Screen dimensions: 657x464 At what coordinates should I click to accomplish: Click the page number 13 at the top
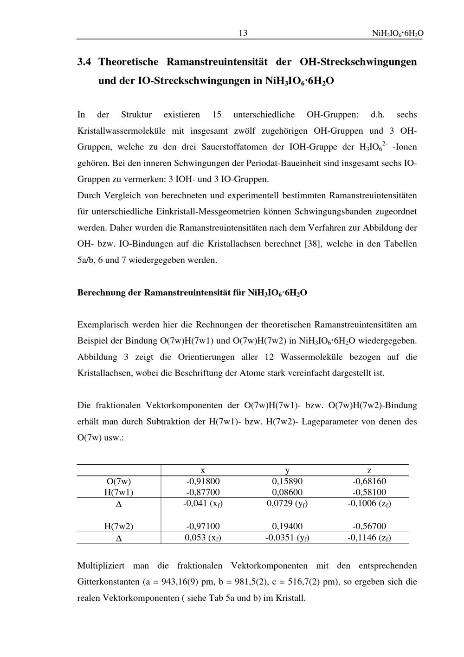pos(243,33)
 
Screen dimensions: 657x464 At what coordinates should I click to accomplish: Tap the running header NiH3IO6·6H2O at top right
pos(398,34)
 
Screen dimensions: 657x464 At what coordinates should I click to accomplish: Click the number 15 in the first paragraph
pos(217,114)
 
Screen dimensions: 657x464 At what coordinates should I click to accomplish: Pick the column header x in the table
pos(203,470)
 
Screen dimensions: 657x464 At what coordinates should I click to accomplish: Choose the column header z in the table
pos(369,470)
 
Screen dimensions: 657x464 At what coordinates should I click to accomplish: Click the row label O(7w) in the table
pos(119,481)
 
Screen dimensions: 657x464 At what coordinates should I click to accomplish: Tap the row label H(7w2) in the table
pos(119,527)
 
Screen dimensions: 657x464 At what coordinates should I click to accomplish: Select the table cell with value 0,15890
pos(287,481)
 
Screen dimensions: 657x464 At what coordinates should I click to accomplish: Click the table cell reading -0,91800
pos(203,481)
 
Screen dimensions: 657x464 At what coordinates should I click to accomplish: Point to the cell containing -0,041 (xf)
pos(203,503)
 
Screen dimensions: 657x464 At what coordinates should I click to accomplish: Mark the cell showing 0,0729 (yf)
pos(287,503)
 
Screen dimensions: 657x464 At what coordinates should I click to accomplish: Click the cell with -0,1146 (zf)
pos(369,538)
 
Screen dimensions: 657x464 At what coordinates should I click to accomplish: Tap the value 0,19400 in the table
pos(287,527)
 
